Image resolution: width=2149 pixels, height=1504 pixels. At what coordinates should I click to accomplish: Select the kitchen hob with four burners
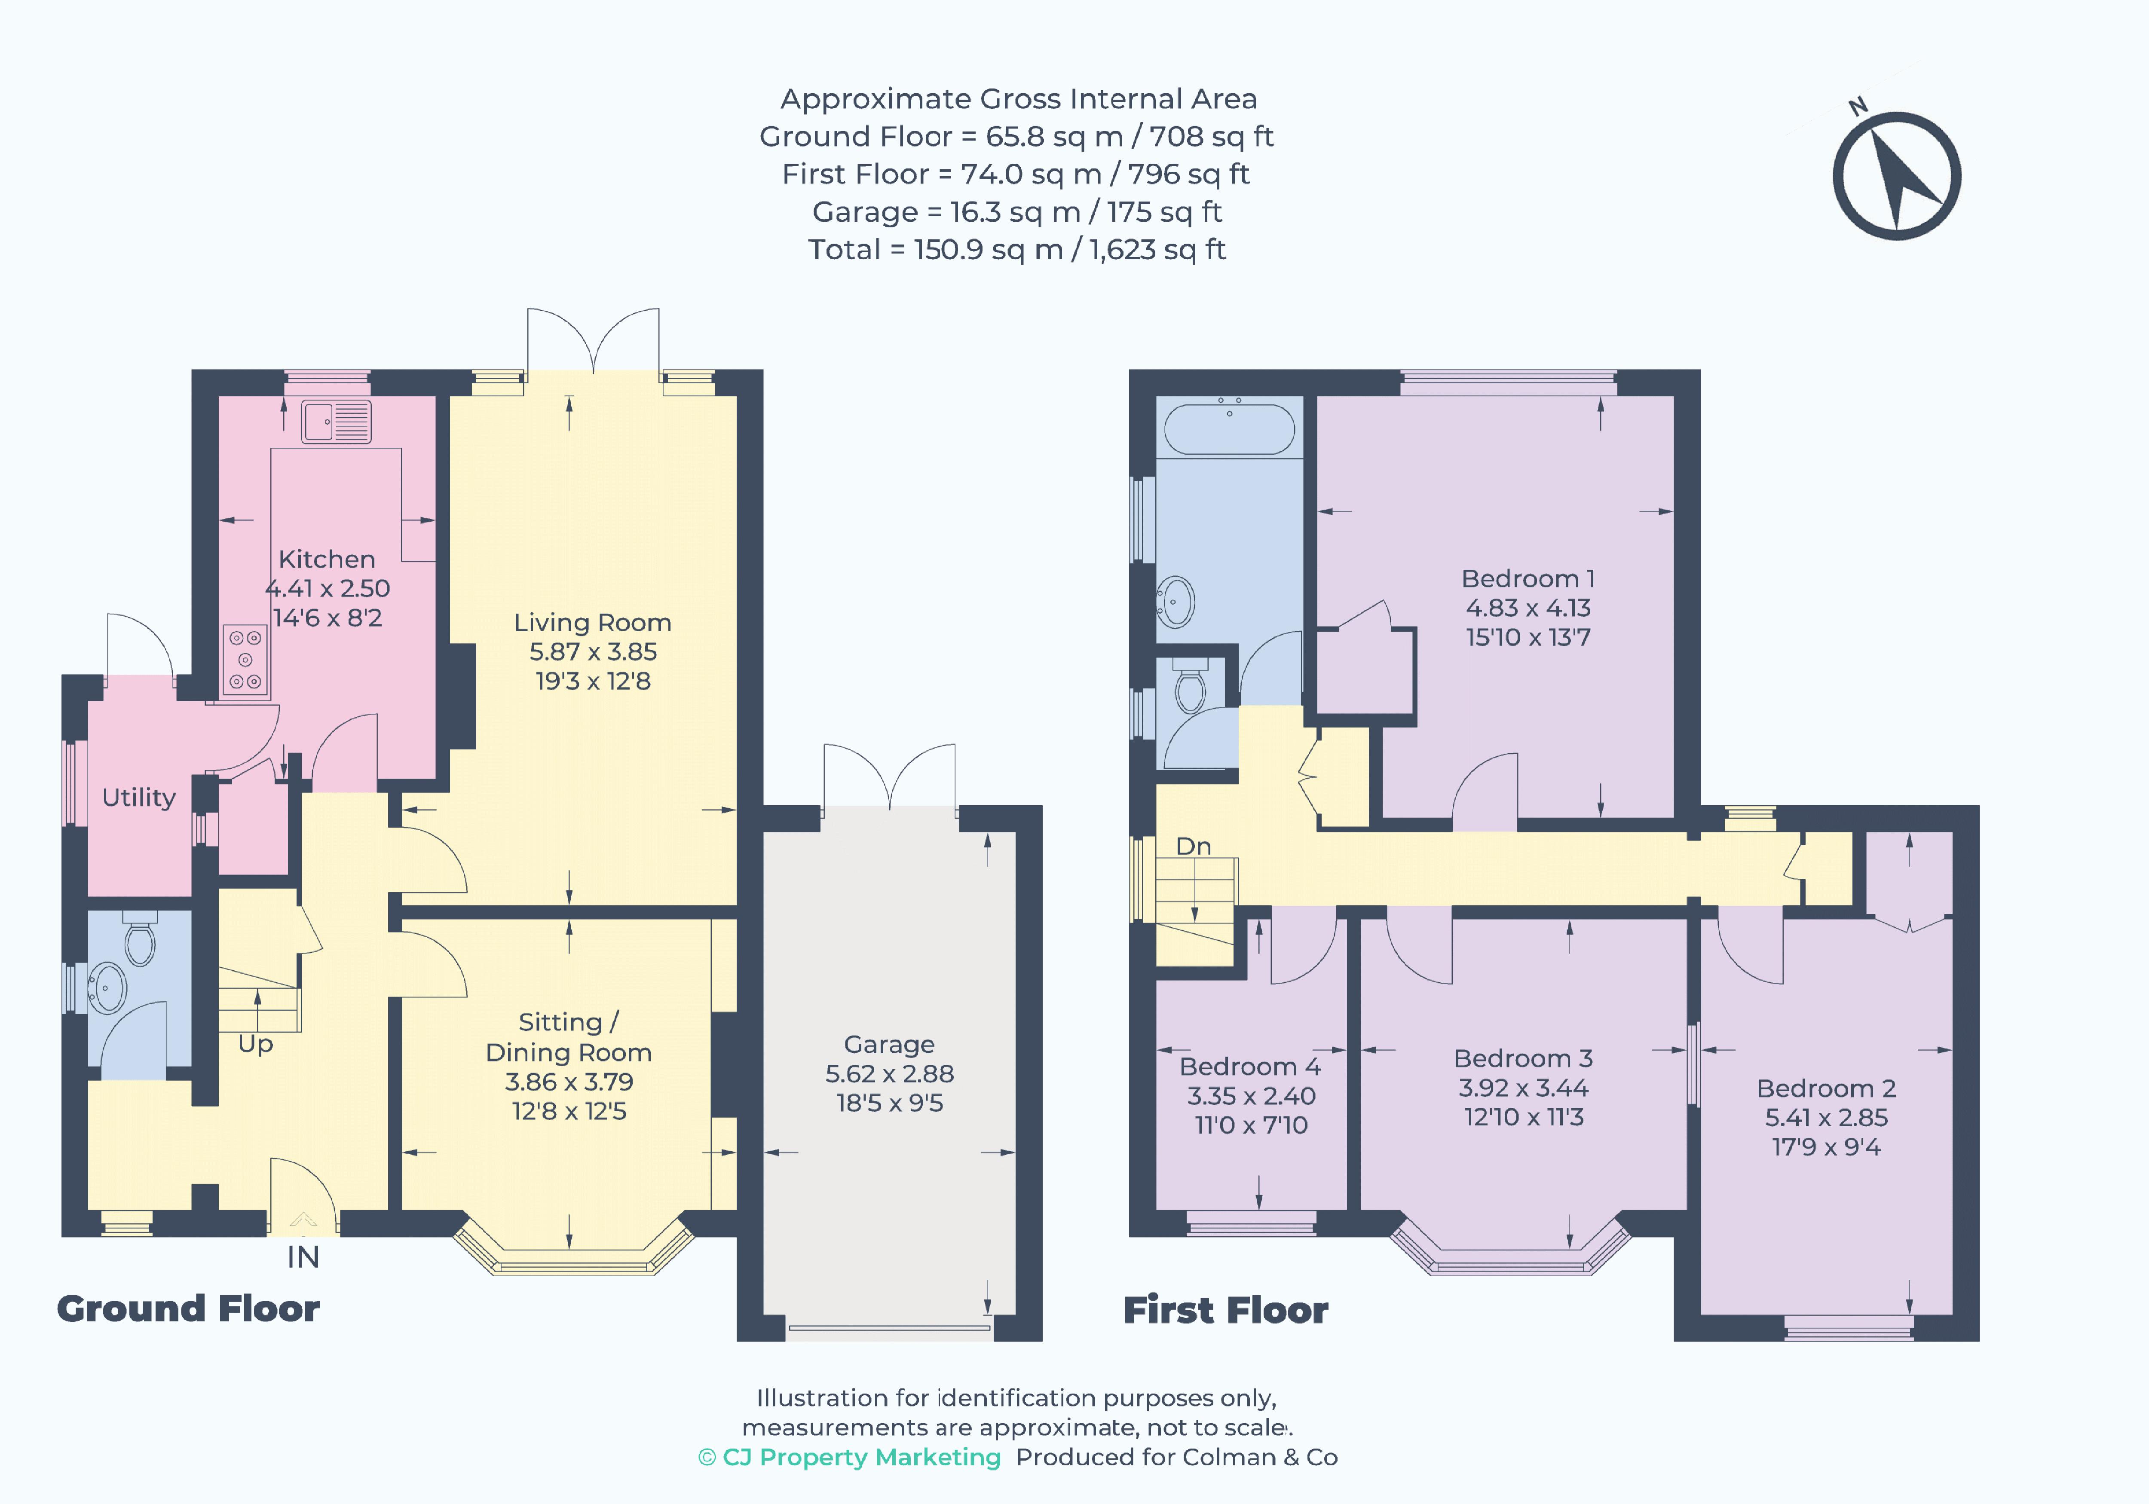coord(245,660)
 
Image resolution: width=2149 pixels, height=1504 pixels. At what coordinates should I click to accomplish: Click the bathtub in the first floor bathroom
coord(1229,429)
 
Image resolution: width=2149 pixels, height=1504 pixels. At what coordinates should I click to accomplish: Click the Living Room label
coord(592,622)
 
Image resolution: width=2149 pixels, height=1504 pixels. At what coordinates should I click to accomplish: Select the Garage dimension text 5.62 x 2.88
coord(889,1073)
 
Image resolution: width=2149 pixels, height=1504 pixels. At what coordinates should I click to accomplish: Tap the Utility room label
coord(138,798)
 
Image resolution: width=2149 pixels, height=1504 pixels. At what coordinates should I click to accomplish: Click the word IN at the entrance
coord(303,1257)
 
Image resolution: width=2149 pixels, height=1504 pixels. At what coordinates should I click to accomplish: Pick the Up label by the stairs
coord(256,1043)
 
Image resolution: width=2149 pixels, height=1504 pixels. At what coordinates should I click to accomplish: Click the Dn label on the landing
coord(1194,846)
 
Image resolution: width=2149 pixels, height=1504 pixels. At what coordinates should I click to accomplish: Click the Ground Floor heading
coord(188,1308)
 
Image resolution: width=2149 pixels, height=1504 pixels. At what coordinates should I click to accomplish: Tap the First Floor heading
coord(1225,1310)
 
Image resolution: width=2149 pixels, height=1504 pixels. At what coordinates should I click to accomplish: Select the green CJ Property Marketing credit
coord(850,1457)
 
